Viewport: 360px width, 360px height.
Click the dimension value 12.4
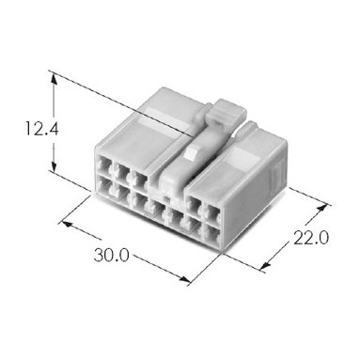point(41,129)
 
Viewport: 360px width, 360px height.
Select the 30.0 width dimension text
point(111,255)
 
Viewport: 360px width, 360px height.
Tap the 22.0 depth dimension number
point(311,238)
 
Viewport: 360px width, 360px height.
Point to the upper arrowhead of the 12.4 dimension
point(54,78)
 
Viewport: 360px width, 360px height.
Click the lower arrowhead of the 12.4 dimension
point(54,165)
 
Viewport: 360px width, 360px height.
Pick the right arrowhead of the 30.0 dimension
point(184,279)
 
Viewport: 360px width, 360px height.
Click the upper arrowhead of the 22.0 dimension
point(322,209)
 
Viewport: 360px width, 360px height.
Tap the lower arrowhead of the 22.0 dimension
point(266,266)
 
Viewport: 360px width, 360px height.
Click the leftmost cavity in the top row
point(104,164)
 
